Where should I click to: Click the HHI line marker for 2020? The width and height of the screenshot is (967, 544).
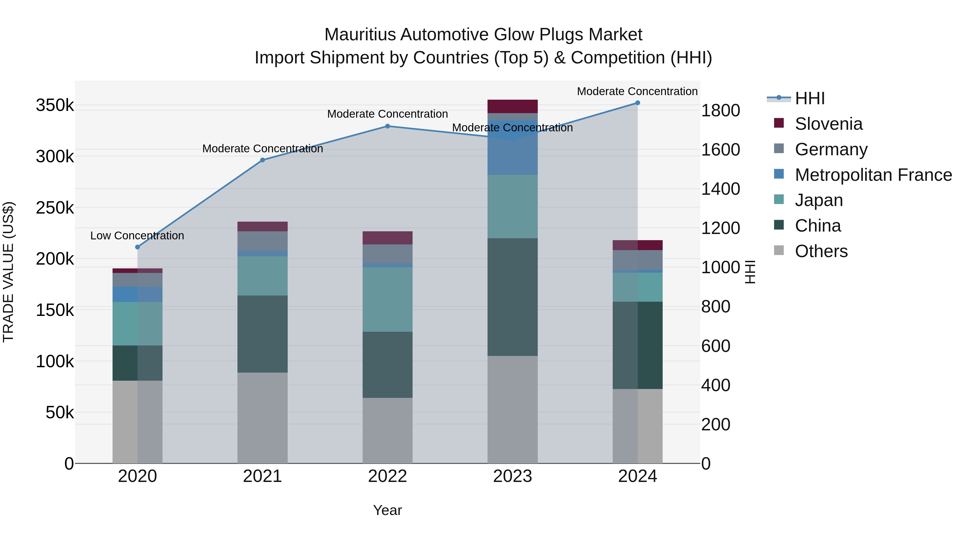[x=137, y=247]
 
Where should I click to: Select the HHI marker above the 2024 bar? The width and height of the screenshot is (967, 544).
[x=637, y=103]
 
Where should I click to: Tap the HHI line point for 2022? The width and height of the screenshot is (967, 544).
[x=387, y=126]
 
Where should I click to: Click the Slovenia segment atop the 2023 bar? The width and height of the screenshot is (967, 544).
[x=513, y=106]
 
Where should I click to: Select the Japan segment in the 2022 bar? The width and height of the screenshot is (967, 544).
[x=387, y=299]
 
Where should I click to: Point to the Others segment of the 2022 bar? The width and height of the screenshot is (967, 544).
[x=387, y=430]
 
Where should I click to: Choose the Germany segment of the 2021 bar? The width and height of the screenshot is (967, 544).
[x=262, y=241]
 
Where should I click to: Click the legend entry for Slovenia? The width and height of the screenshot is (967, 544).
[x=828, y=124]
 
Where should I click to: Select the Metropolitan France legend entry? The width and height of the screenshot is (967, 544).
[x=873, y=175]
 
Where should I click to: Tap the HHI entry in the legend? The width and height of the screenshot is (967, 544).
[x=810, y=98]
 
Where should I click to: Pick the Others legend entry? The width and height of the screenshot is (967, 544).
[x=821, y=251]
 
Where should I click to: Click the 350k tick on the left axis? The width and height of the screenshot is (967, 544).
[x=55, y=106]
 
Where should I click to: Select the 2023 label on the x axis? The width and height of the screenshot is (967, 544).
[x=513, y=476]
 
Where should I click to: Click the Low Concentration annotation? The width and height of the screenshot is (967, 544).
[x=137, y=236]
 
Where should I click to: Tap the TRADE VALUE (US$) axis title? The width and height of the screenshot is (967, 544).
[x=8, y=272]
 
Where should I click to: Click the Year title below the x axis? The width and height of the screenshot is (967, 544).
[x=387, y=510]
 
